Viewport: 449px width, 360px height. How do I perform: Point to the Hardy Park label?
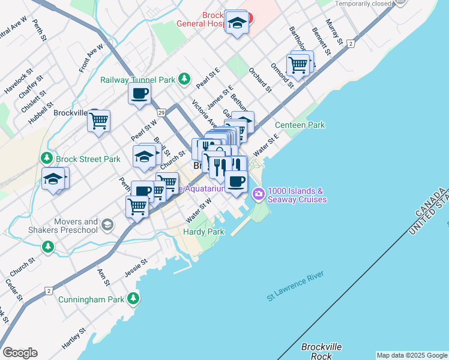tap(203, 232)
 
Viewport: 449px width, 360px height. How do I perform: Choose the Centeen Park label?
tap(300, 125)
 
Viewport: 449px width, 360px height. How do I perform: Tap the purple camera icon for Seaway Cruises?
tap(259, 193)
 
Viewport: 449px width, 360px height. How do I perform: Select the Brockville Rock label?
tap(321, 352)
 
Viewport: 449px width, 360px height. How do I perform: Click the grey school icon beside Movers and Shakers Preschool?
tap(107, 225)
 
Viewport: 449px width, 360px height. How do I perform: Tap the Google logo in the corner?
tap(20, 353)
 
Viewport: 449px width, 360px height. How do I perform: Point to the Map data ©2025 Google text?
tap(411, 355)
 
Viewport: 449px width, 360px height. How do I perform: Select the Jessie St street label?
tap(136, 263)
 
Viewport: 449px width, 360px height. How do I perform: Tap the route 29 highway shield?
tap(161, 112)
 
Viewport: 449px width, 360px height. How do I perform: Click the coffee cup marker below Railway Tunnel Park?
tap(139, 94)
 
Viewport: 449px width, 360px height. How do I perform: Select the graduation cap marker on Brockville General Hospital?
tap(238, 23)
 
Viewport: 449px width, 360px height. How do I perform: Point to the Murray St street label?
tap(334, 32)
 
